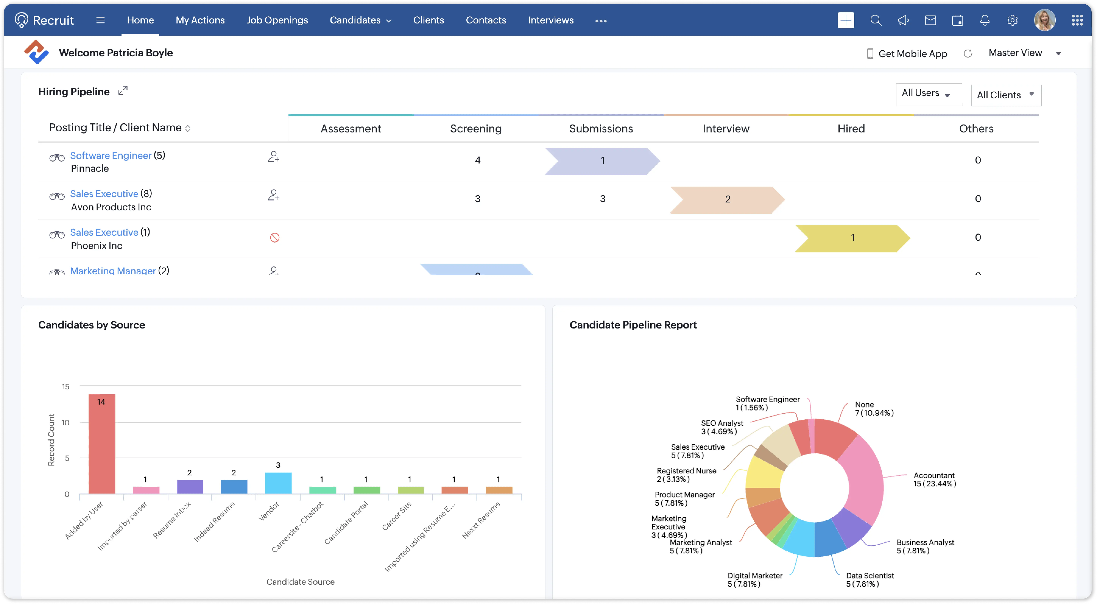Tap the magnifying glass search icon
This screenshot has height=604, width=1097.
pos(876,20)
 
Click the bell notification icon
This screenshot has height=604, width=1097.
pos(985,20)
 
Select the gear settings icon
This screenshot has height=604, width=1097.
pos(1012,20)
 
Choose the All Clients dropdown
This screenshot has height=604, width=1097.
pos(1005,95)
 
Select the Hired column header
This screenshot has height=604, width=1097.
pos(851,128)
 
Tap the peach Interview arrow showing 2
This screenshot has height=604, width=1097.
pos(727,199)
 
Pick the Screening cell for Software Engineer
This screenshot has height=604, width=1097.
pos(477,160)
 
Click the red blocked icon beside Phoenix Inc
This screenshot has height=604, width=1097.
pos(275,237)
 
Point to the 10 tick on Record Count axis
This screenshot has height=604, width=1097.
pos(65,422)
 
